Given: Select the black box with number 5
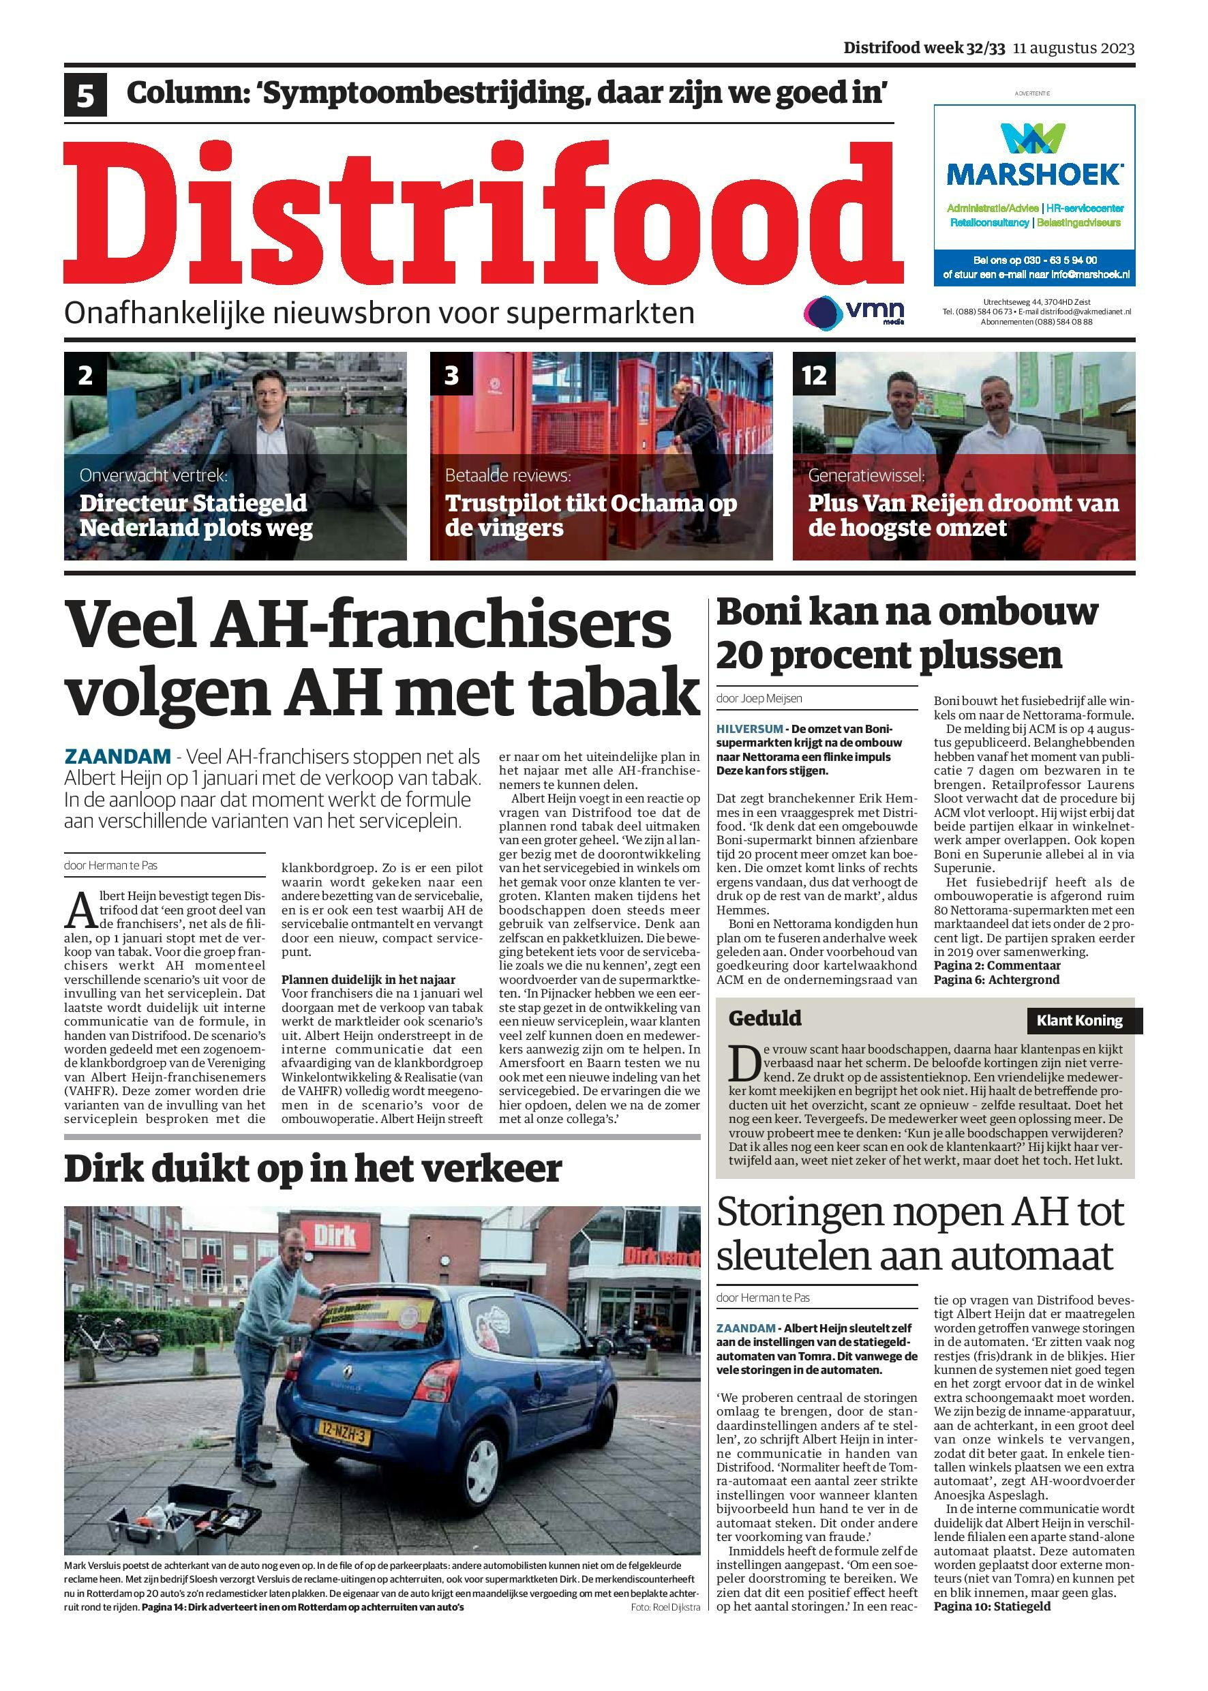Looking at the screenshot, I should (x=85, y=95).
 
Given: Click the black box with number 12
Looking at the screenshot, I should (x=814, y=375).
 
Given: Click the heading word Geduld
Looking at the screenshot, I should (x=765, y=1018).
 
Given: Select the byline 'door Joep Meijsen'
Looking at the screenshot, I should (x=759, y=699).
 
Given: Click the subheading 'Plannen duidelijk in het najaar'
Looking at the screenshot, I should (x=368, y=980).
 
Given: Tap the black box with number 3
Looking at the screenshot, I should (x=451, y=375).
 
